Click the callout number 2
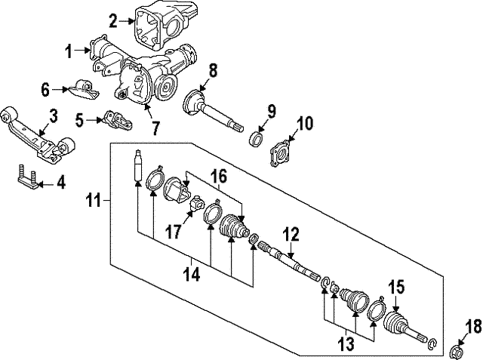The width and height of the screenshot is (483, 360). (x=112, y=21)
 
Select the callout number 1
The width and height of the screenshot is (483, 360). (x=69, y=52)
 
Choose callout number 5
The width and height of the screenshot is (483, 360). (x=80, y=118)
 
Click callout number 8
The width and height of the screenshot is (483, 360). (x=213, y=72)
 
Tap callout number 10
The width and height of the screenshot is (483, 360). (x=304, y=123)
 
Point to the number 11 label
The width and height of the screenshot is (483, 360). (x=92, y=201)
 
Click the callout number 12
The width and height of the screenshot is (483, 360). (x=291, y=235)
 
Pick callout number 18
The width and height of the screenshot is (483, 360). (x=472, y=327)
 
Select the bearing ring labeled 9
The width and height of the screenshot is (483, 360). (x=257, y=139)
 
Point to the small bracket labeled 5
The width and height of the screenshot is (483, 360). (x=113, y=120)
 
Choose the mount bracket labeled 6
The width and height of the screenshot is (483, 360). (x=83, y=91)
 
